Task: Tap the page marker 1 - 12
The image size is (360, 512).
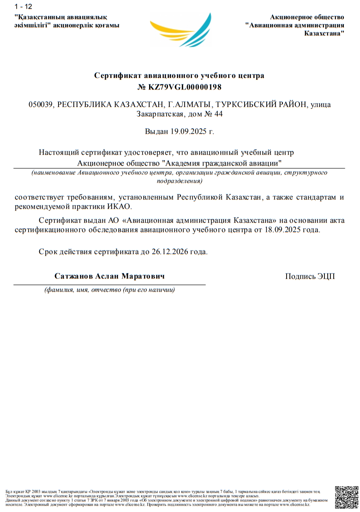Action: pos(23,6)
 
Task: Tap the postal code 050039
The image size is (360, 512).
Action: pos(41,105)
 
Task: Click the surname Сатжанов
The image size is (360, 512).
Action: pos(73,276)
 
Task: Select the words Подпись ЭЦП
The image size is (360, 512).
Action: pos(310,276)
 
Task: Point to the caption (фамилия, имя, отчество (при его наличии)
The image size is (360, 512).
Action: pos(109,291)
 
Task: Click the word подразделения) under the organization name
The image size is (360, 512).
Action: pos(180,181)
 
